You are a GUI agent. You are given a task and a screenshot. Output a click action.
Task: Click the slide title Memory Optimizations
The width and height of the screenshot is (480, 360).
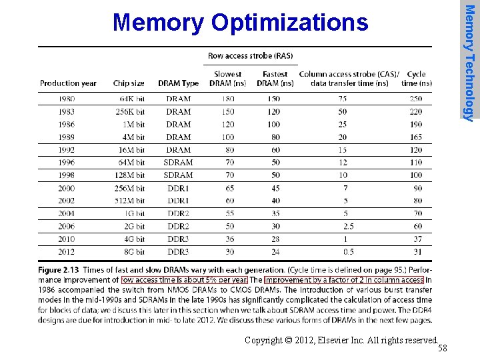tap(240, 23)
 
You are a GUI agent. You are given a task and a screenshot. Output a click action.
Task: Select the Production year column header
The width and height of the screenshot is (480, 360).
tap(68, 83)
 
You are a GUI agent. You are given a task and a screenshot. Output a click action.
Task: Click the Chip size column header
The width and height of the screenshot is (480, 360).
tap(129, 83)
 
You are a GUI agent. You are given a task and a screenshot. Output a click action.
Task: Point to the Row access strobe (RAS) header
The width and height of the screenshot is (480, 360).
tap(250, 56)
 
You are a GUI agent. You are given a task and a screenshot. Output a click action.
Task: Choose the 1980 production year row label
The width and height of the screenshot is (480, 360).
tap(67, 99)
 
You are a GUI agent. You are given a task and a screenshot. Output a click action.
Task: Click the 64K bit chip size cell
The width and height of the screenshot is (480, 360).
tap(131, 99)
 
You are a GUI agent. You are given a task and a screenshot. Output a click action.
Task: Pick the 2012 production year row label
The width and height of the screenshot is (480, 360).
tap(67, 252)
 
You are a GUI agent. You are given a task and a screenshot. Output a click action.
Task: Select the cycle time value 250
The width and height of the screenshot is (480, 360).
tap(416, 99)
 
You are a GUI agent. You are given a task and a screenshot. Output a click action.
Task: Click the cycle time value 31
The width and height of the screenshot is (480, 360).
tap(418, 252)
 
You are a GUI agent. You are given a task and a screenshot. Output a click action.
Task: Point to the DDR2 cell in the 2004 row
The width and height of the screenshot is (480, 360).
tap(178, 213)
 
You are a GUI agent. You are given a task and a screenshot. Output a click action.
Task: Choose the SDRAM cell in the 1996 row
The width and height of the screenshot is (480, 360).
tap(178, 162)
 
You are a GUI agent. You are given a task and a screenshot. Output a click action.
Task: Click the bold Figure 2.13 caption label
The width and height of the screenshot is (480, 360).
tap(59, 270)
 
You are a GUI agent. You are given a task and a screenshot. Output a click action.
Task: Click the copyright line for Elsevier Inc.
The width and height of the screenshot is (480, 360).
tap(341, 340)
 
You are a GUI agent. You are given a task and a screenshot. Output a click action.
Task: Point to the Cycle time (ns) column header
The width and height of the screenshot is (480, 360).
tap(416, 79)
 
